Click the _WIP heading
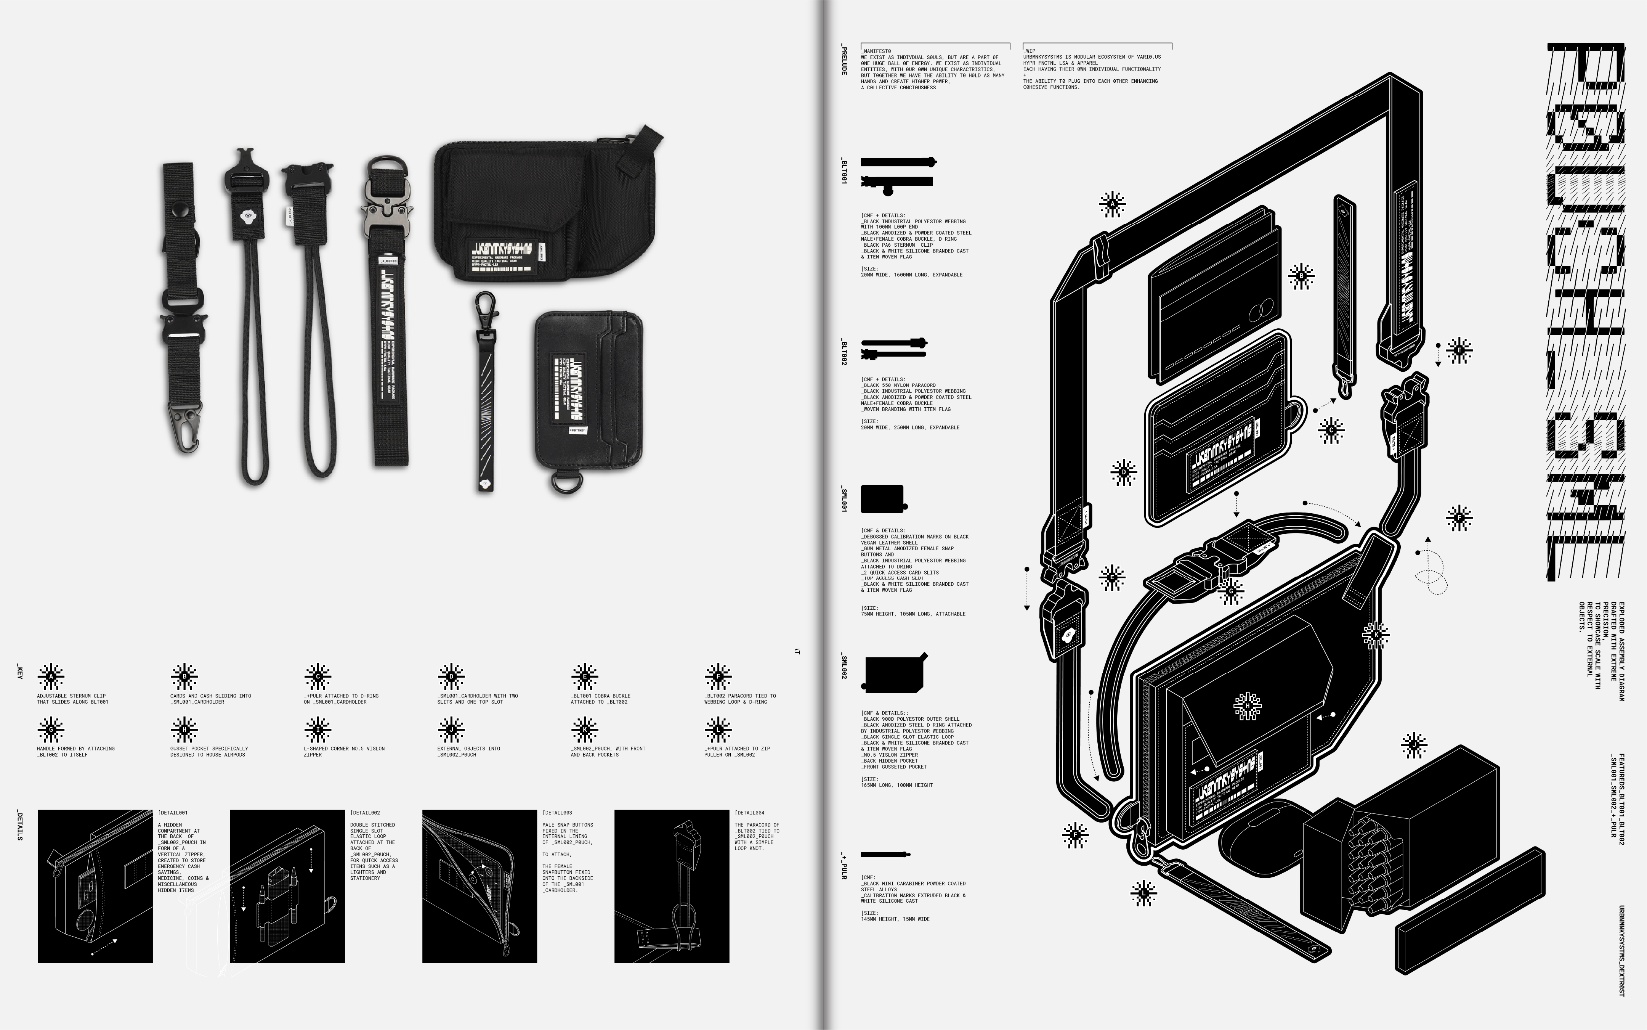1030,51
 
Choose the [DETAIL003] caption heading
557,813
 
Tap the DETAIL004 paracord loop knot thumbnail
671,886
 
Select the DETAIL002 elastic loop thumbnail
287,886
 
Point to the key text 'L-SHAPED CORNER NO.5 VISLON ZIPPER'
344,751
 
